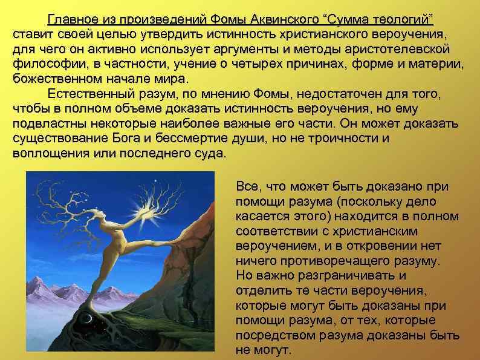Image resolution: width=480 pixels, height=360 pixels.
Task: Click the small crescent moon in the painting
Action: coord(89,318)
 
